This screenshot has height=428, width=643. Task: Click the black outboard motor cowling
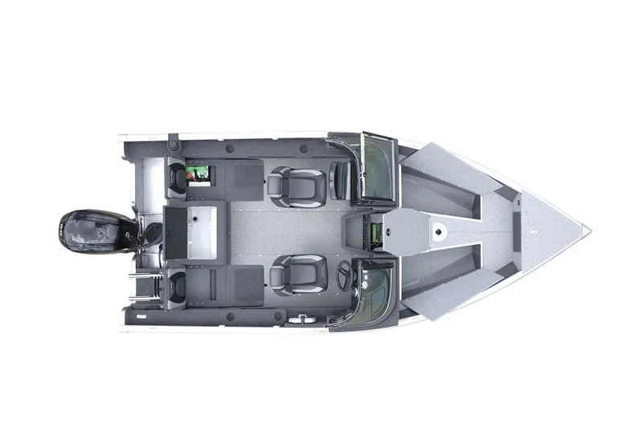(88, 231)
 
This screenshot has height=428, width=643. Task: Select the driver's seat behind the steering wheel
(297, 274)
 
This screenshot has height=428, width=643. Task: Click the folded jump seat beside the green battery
(176, 179)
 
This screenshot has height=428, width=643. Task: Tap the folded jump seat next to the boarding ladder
(176, 284)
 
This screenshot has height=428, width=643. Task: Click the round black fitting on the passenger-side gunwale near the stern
(173, 145)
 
